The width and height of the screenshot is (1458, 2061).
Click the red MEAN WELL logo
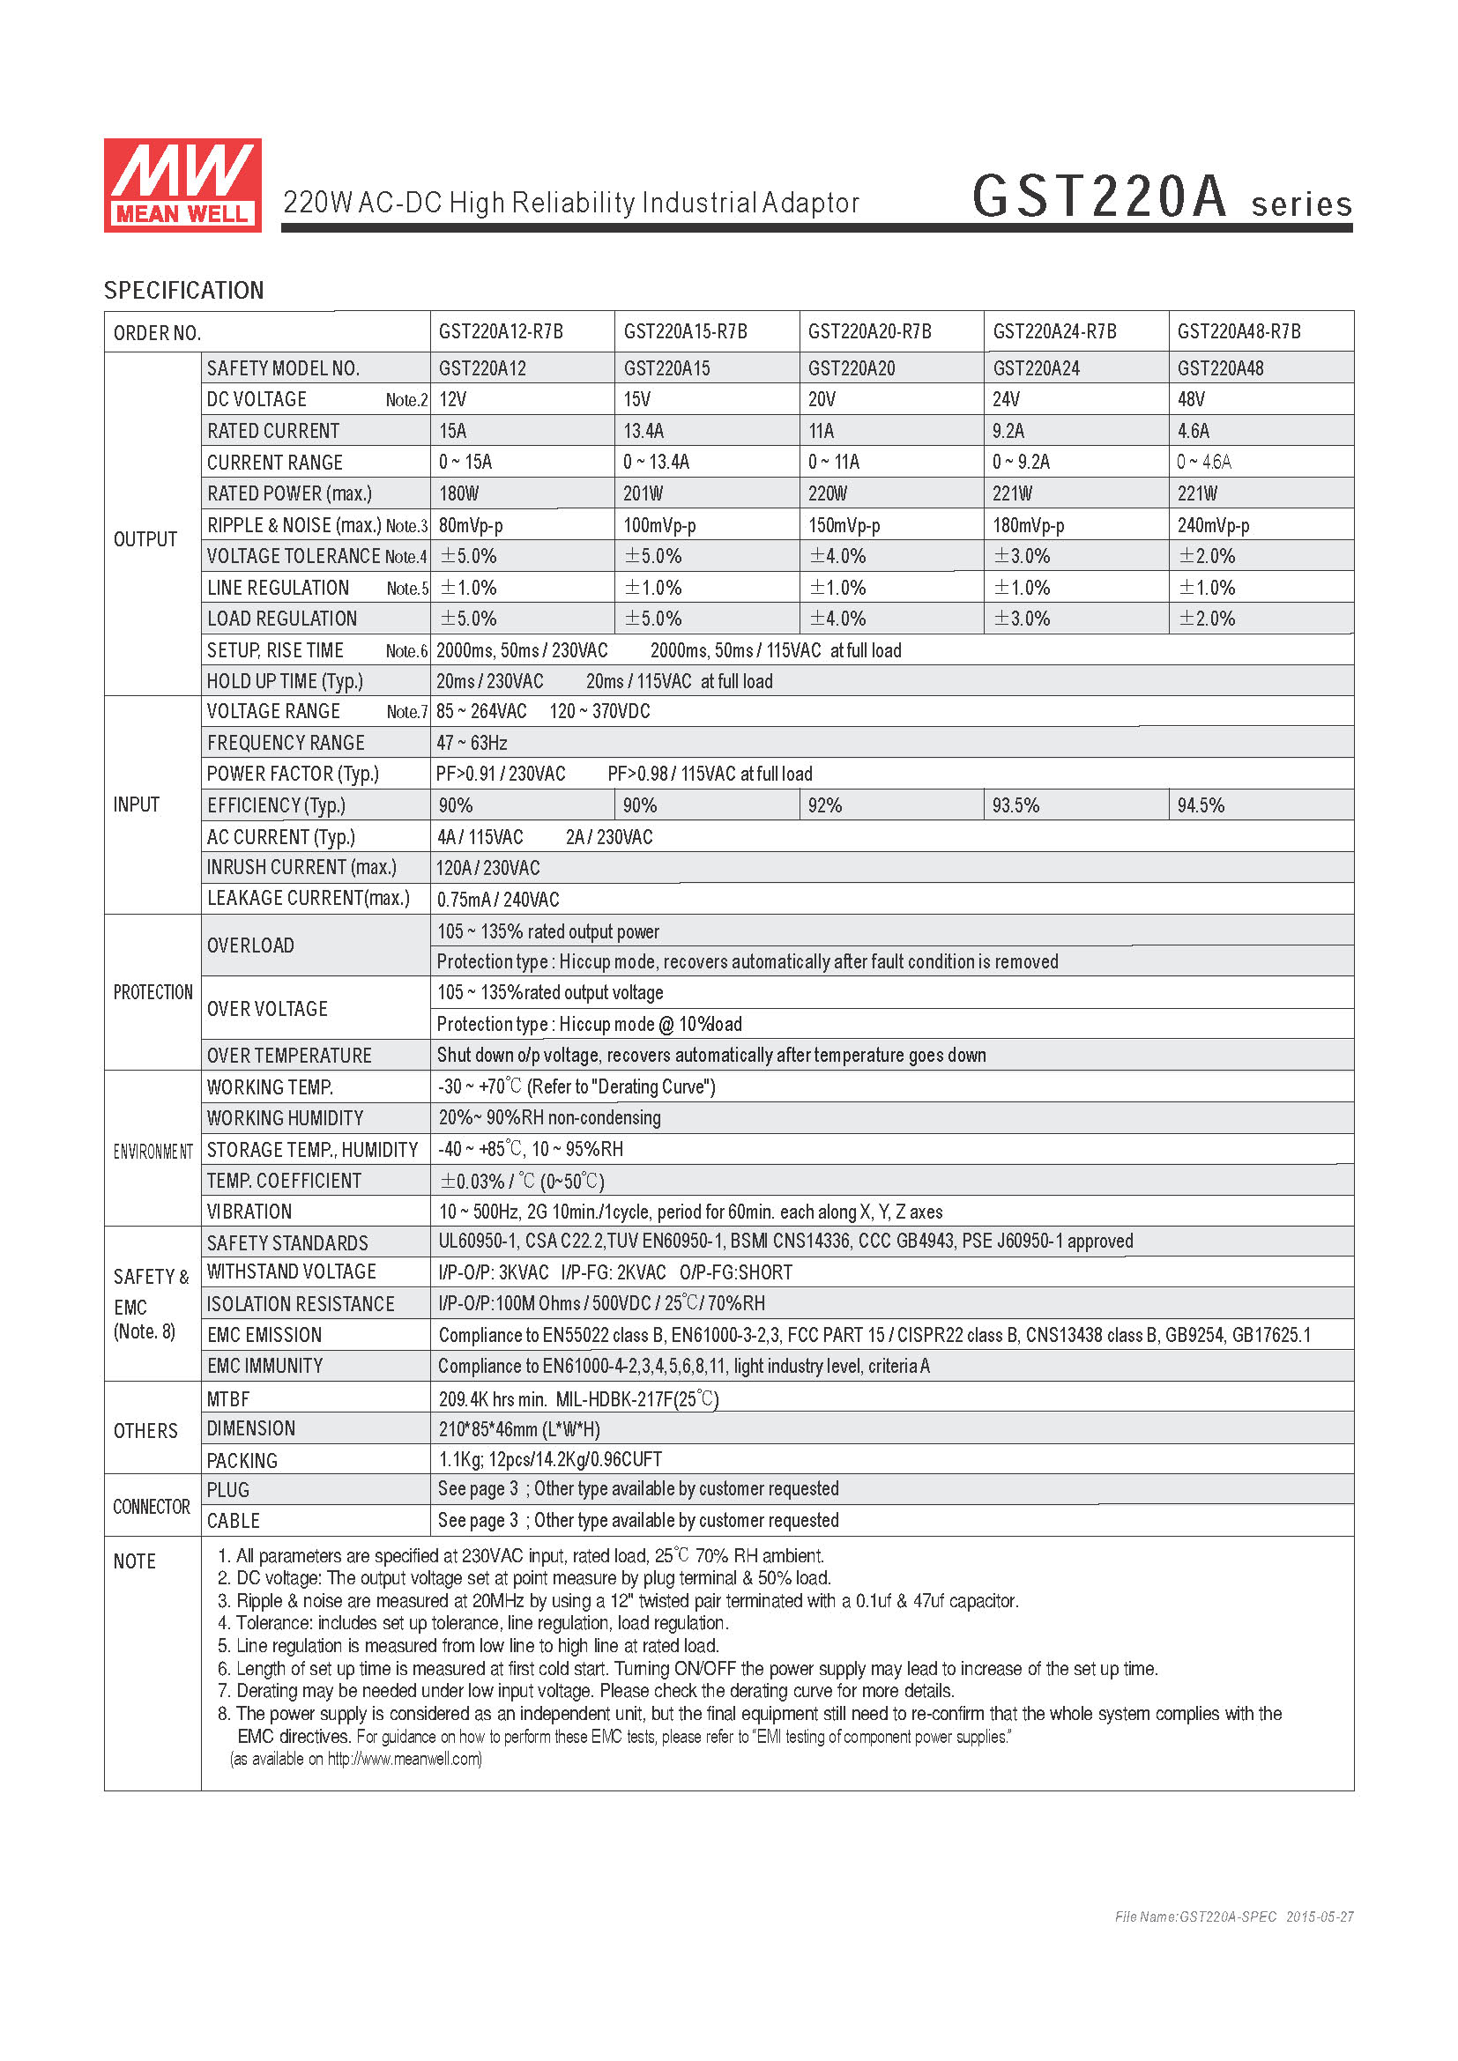[x=182, y=185]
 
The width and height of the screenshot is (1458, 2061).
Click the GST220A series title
[x=1161, y=197]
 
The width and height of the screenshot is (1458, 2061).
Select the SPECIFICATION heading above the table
[x=184, y=291]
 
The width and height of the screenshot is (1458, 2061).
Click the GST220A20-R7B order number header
[x=869, y=332]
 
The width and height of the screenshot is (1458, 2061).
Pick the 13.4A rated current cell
[x=643, y=431]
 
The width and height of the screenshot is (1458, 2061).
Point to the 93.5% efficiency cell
[x=1015, y=805]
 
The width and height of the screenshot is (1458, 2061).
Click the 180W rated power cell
[x=458, y=493]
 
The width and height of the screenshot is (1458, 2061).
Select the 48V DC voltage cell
[x=1192, y=399]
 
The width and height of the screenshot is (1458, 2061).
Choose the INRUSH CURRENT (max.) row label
[x=301, y=867]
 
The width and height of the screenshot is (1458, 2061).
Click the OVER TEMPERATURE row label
[x=289, y=1056]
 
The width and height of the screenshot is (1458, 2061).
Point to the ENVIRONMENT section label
[x=152, y=1152]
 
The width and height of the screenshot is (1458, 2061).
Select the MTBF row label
[x=228, y=1398]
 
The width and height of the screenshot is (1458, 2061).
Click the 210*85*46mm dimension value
[x=519, y=1429]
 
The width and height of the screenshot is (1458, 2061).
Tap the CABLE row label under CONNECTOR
[x=234, y=1521]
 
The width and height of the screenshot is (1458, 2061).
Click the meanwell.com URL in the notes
[x=404, y=1759]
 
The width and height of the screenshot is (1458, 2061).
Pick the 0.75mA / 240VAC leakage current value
[x=498, y=900]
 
